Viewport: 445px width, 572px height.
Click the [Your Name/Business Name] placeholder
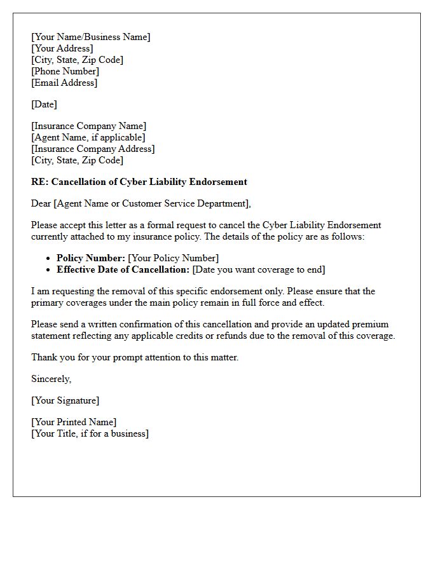click(91, 37)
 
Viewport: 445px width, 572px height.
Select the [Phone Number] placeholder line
click(65, 71)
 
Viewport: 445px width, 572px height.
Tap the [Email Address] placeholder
click(64, 83)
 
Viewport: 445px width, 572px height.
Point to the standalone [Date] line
click(44, 104)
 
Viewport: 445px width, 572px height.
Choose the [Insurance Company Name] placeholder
click(88, 126)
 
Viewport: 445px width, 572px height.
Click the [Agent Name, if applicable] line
click(88, 137)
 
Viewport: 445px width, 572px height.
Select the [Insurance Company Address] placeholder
click(93, 149)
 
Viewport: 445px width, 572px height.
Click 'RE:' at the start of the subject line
click(39, 182)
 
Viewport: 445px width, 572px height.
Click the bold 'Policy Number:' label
click(91, 258)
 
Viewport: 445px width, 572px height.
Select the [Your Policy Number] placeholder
click(174, 258)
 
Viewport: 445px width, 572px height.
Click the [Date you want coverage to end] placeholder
click(259, 269)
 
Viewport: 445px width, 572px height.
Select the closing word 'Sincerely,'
click(51, 379)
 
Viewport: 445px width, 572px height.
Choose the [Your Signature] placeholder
click(65, 400)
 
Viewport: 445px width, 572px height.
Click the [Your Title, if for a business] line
click(90, 433)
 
